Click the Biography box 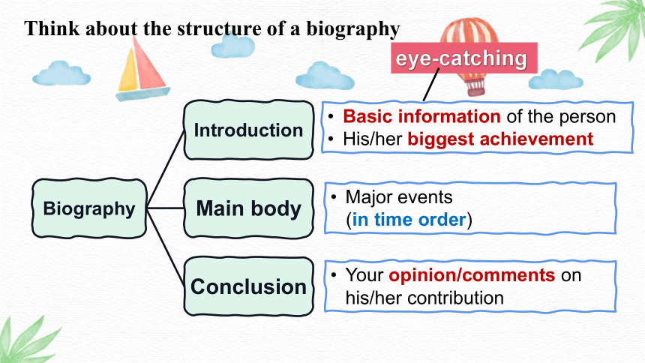pos(89,208)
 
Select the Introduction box pos(248,130)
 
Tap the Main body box pos(248,208)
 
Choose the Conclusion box pos(248,286)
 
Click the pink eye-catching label pos(463,58)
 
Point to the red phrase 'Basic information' pos(421,116)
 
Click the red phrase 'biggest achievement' pos(500,139)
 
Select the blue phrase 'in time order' pos(409,219)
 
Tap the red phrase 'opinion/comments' pos(472,275)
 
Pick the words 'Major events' pos(398,197)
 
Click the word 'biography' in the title pos(353,28)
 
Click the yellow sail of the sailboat pos(128,70)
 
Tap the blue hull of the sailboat pos(142,94)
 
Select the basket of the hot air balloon pos(475,88)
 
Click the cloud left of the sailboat pos(61,73)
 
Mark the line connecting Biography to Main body pos(165,208)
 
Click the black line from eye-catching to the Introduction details pos(431,85)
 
